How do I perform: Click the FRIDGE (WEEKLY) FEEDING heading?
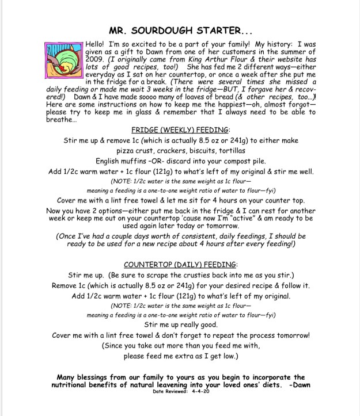click(x=180, y=130)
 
